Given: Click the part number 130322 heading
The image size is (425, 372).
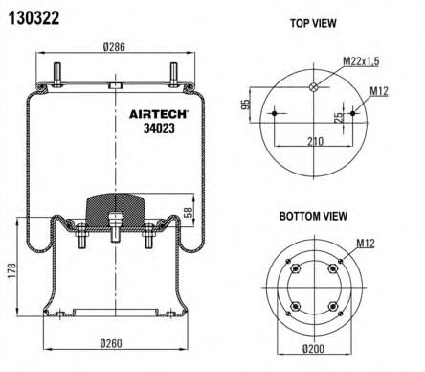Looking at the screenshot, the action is [x=34, y=18].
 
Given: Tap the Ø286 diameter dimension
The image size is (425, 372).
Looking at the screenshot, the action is [x=114, y=47].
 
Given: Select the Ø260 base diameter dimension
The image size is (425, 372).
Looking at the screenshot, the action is [x=111, y=343].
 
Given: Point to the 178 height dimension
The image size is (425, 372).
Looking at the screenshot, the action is [x=11, y=270].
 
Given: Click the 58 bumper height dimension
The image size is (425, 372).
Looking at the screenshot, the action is [x=189, y=212].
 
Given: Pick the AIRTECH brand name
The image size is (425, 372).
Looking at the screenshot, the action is [x=158, y=114].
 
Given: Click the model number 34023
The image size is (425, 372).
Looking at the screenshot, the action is [x=159, y=128].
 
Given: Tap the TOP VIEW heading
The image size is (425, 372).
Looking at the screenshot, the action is [x=313, y=23].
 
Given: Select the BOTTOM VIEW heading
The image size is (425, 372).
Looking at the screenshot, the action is [x=313, y=216].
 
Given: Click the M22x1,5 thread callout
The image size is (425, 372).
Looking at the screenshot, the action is [x=361, y=61].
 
